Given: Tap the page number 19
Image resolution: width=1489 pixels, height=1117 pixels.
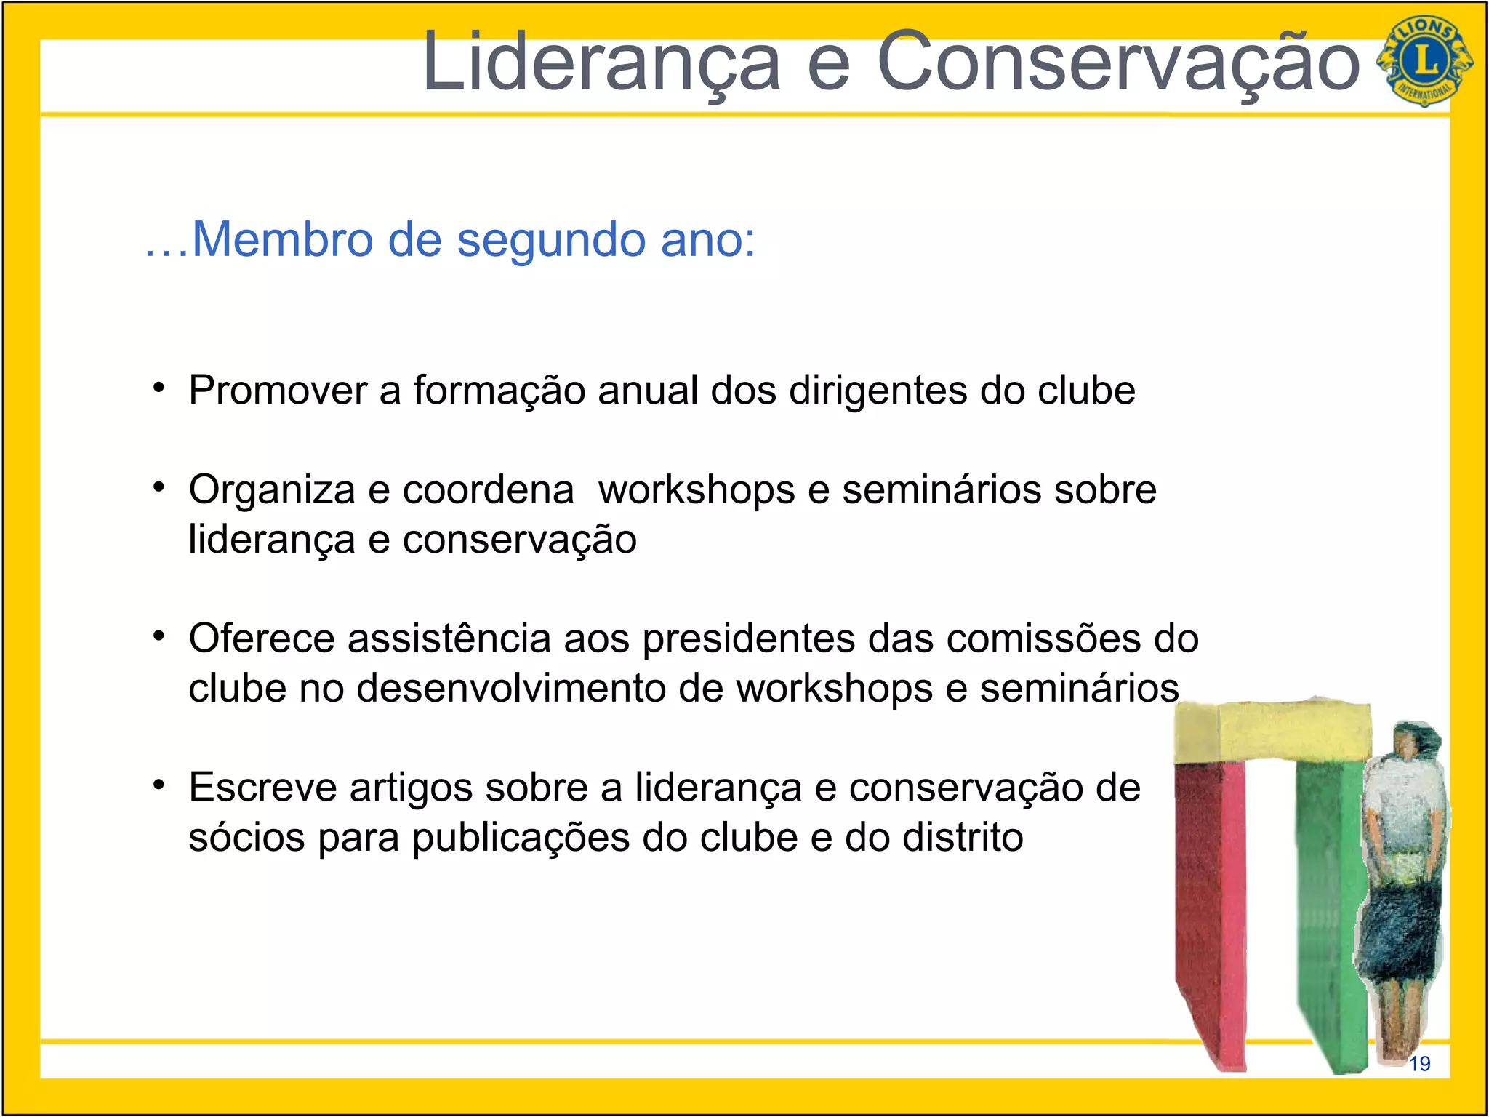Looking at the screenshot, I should point(1419,1064).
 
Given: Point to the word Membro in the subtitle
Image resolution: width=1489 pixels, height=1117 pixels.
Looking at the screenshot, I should point(281,239).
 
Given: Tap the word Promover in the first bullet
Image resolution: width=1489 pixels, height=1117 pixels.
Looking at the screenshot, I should point(278,391).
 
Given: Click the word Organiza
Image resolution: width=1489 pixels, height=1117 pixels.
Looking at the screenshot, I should point(272,490).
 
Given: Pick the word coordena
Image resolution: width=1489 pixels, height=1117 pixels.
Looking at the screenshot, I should point(488,490).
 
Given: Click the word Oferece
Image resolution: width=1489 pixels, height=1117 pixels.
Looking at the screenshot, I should point(262,638).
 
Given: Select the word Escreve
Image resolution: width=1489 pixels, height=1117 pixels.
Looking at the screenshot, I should point(262,788).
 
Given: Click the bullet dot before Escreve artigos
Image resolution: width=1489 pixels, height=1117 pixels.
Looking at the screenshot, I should point(159,785).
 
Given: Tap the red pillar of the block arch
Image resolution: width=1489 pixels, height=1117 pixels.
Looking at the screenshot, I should point(1210,909).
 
